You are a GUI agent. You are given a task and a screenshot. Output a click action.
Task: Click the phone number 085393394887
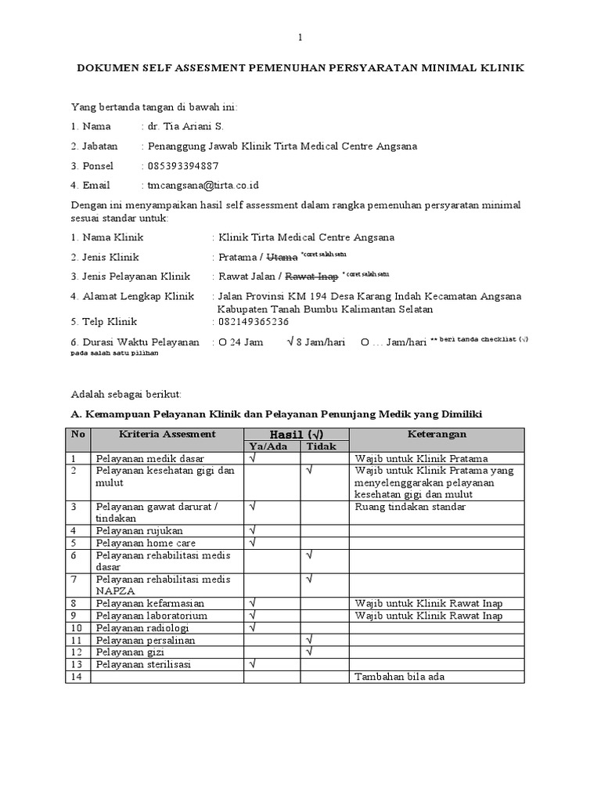click(182, 166)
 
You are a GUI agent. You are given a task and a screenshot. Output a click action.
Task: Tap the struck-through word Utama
click(283, 256)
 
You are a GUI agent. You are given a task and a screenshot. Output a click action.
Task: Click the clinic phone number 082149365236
click(254, 321)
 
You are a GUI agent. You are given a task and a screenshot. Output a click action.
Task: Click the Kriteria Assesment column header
click(167, 434)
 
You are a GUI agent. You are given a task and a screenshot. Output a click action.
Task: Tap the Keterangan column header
click(437, 434)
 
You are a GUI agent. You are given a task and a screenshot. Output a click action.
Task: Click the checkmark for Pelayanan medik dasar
click(253, 457)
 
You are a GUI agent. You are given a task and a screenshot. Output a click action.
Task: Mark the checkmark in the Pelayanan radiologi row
click(253, 627)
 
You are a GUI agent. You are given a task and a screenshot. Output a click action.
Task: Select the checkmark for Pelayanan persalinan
click(310, 640)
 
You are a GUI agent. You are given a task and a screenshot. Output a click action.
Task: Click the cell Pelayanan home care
click(146, 543)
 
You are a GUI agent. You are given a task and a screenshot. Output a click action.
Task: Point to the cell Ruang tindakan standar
click(410, 507)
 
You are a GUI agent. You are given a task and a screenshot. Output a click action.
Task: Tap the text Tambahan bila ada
click(399, 677)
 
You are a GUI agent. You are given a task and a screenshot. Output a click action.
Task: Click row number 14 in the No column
click(76, 677)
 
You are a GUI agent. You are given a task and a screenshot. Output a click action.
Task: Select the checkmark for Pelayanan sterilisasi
click(253, 664)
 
